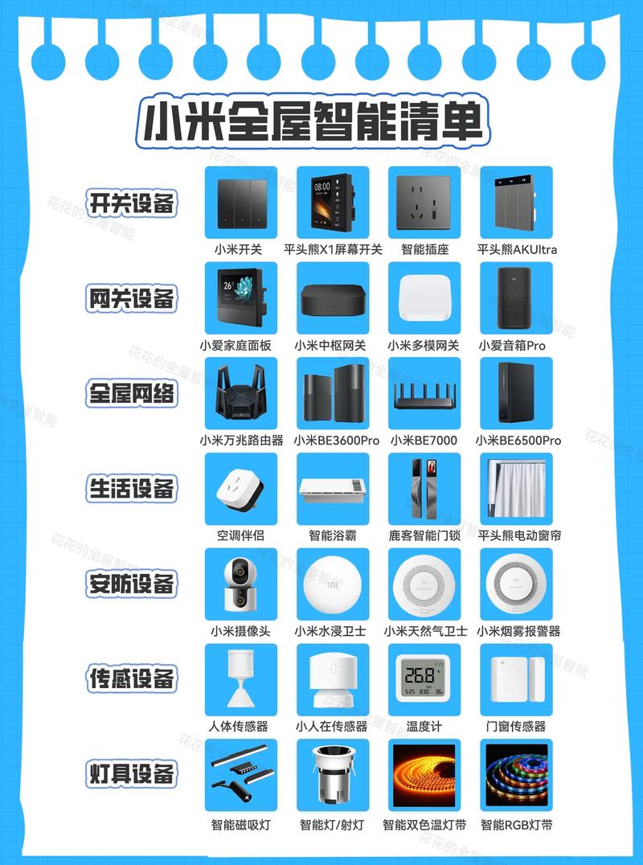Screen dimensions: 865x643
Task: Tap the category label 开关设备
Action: coord(132,203)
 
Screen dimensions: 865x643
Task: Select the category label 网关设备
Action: coord(132,298)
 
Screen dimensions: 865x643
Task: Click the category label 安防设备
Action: coord(132,584)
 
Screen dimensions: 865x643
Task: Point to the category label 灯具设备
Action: coord(132,775)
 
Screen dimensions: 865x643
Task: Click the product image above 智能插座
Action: coord(424,202)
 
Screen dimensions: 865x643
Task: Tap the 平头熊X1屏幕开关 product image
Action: coord(333,202)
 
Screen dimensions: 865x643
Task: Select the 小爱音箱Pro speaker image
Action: coord(515,297)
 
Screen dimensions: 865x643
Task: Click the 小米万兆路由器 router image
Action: coord(241,393)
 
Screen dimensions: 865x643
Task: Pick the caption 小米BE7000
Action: coord(424,441)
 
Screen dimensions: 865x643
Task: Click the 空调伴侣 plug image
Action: coord(241,489)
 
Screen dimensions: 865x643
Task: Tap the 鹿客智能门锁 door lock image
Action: coord(424,489)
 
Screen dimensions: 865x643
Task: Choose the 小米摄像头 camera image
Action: coord(241,584)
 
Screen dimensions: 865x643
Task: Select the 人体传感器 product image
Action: coord(241,679)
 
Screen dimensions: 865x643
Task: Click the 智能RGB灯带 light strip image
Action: coord(515,775)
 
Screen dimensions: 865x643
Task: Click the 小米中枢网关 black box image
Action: coord(333,299)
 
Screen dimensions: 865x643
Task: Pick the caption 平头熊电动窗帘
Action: coord(518,535)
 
